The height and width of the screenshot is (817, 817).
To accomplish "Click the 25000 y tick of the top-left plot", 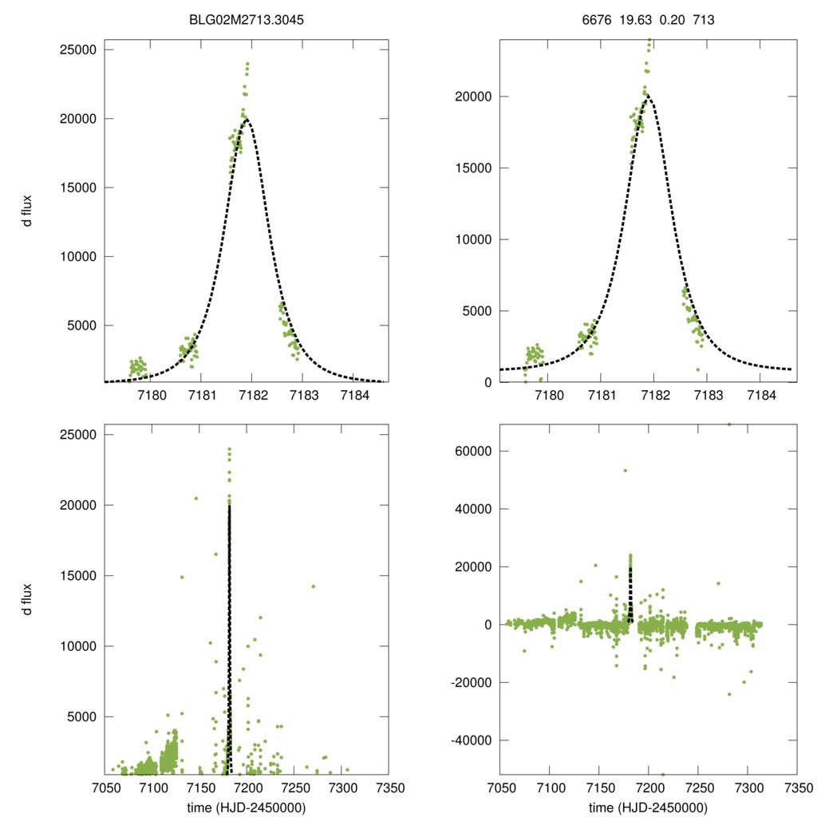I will [79, 49].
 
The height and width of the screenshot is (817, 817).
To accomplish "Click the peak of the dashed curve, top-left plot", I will [249, 119].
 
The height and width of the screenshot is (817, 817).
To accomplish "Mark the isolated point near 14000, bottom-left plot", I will [314, 586].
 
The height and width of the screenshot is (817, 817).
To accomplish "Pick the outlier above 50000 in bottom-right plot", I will [626, 471].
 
